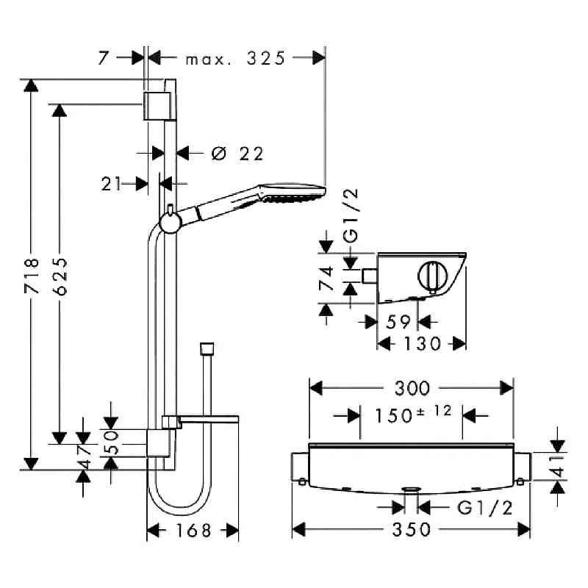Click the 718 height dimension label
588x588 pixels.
tap(32, 275)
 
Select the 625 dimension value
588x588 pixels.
tap(60, 276)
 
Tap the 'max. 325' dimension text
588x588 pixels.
tap(235, 59)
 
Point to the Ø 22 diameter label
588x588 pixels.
tap(237, 154)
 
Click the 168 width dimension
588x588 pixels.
tap(193, 530)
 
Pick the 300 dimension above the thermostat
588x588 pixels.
tap(412, 388)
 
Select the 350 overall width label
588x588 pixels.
tap(412, 529)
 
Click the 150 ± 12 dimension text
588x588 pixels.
tap(413, 415)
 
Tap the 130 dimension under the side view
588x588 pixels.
tap(422, 343)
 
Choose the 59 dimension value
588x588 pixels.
tap(398, 322)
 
